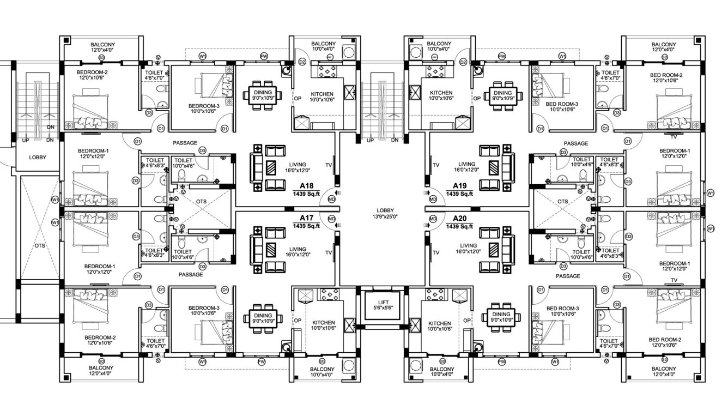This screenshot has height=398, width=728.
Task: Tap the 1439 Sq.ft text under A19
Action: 459,194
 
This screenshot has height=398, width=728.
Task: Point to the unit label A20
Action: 459,218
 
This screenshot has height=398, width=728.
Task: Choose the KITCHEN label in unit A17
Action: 323,322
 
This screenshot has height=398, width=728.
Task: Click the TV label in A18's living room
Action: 328,165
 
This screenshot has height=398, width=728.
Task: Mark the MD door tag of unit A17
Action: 331,219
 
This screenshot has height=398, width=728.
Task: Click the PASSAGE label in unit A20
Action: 567,276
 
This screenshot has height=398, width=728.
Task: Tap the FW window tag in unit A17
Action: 262,361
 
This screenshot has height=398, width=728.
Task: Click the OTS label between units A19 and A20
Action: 562,201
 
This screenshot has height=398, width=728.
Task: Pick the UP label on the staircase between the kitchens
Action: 371,140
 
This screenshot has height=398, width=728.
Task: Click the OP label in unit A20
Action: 467,321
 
